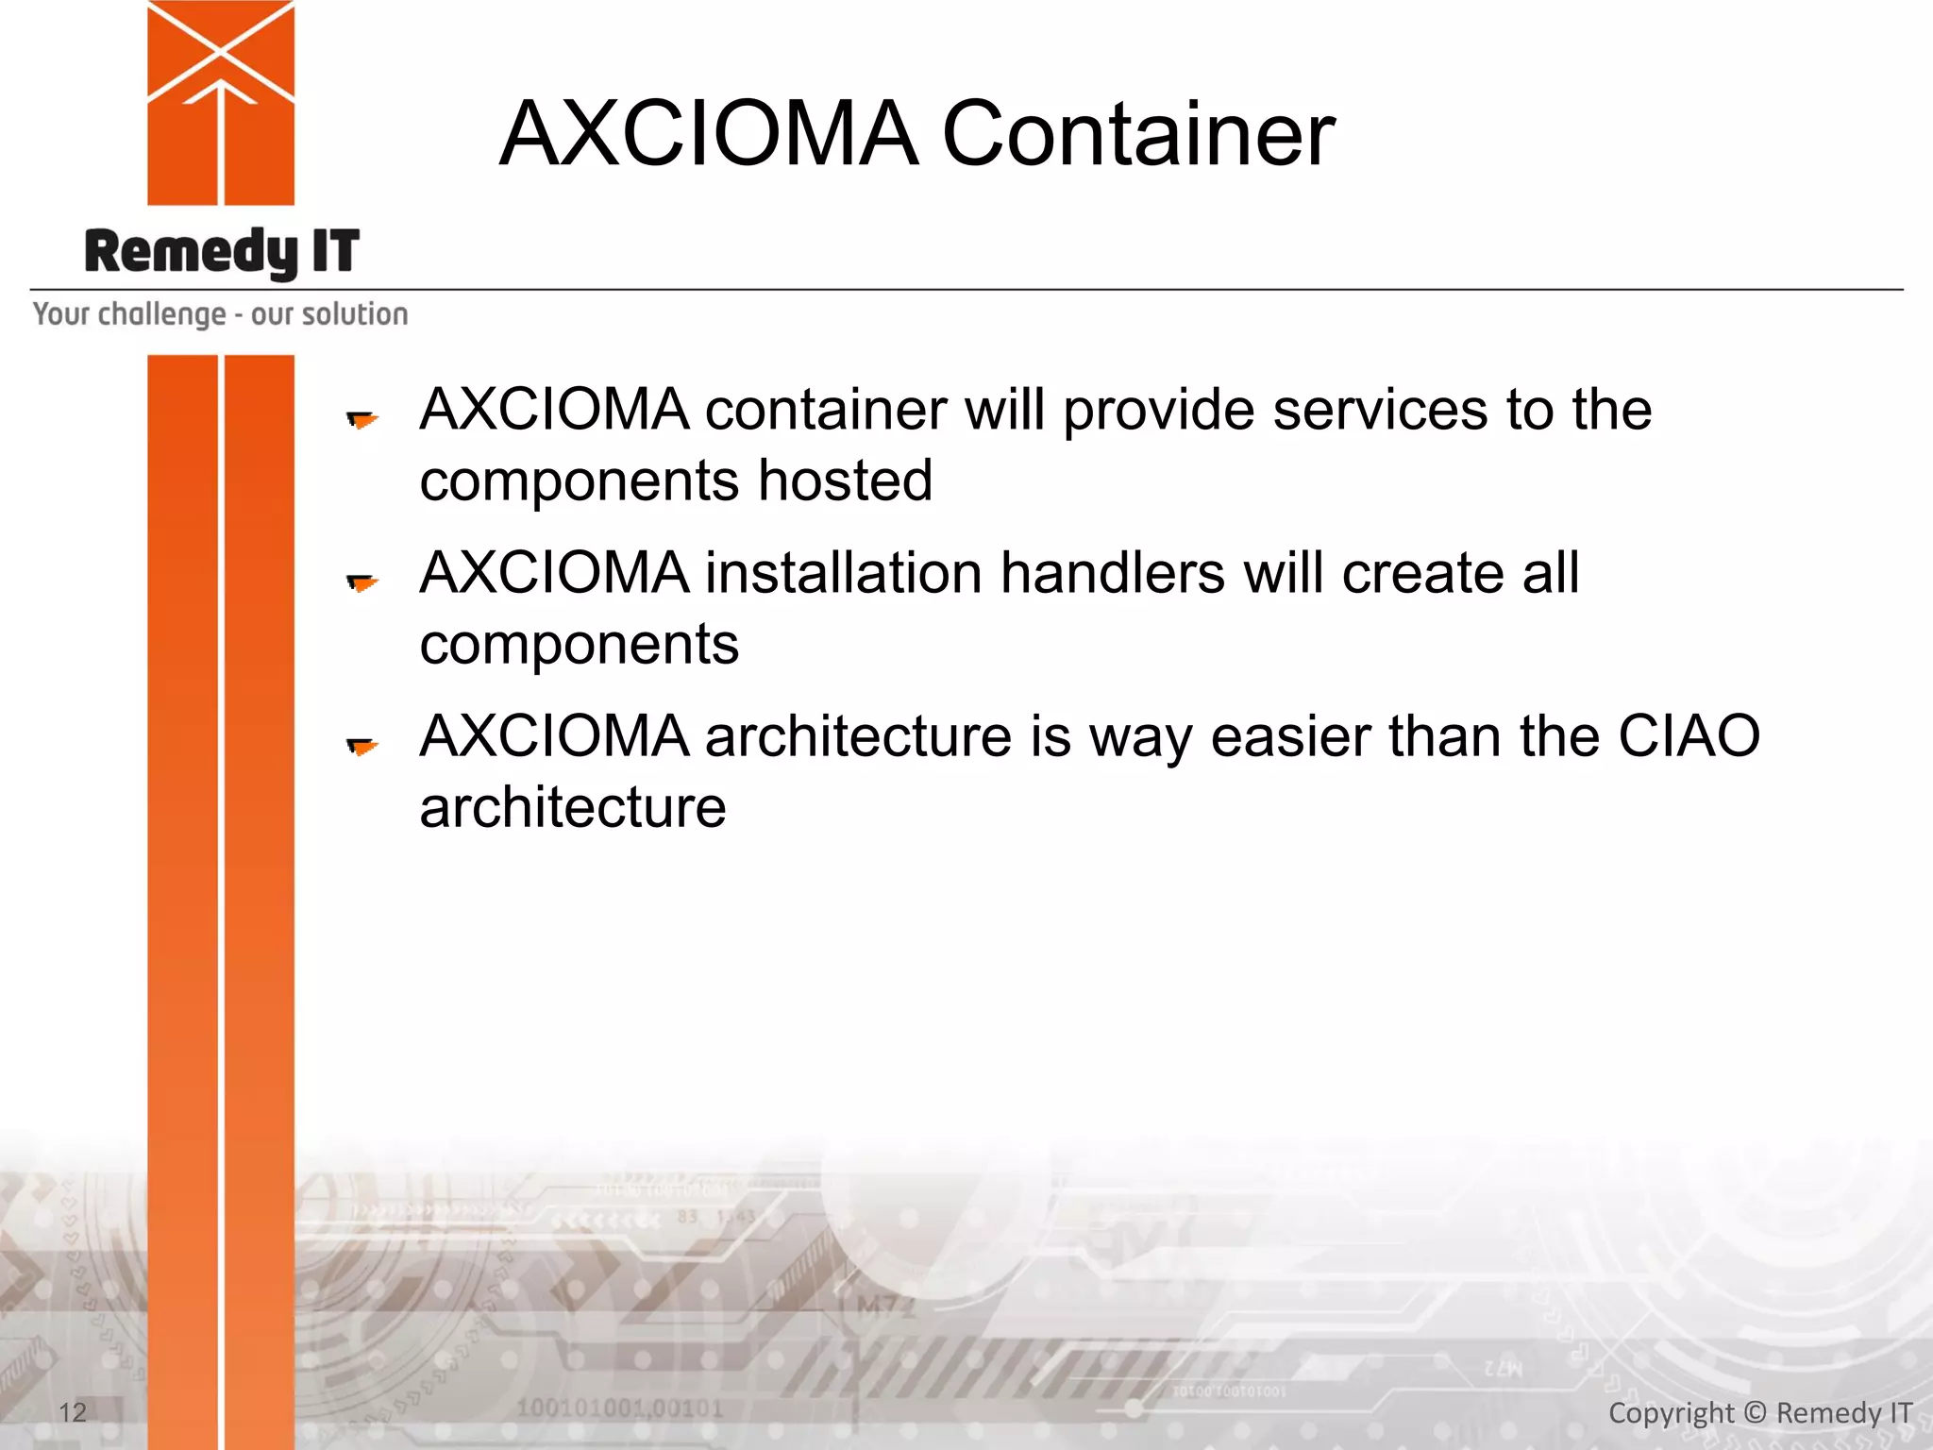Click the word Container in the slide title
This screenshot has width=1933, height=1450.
pos(1137,135)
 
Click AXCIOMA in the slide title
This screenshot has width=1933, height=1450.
pos(708,135)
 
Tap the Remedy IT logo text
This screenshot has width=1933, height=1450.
pos(222,252)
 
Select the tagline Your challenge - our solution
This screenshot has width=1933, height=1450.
pos(220,313)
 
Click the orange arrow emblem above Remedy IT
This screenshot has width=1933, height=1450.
pos(221,102)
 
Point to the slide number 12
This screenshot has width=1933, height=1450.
pos(72,1412)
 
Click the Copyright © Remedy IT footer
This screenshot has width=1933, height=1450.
pos(1759,1412)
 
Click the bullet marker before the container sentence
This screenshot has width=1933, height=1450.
pos(361,419)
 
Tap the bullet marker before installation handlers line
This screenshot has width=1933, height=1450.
pos(361,582)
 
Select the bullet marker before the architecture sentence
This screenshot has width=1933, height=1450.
pos(361,747)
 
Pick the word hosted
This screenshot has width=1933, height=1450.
pos(845,481)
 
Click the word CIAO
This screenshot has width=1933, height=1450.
pos(1689,736)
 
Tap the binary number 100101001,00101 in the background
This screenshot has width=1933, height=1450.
pos(619,1408)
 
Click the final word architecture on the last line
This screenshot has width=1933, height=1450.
pos(573,808)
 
